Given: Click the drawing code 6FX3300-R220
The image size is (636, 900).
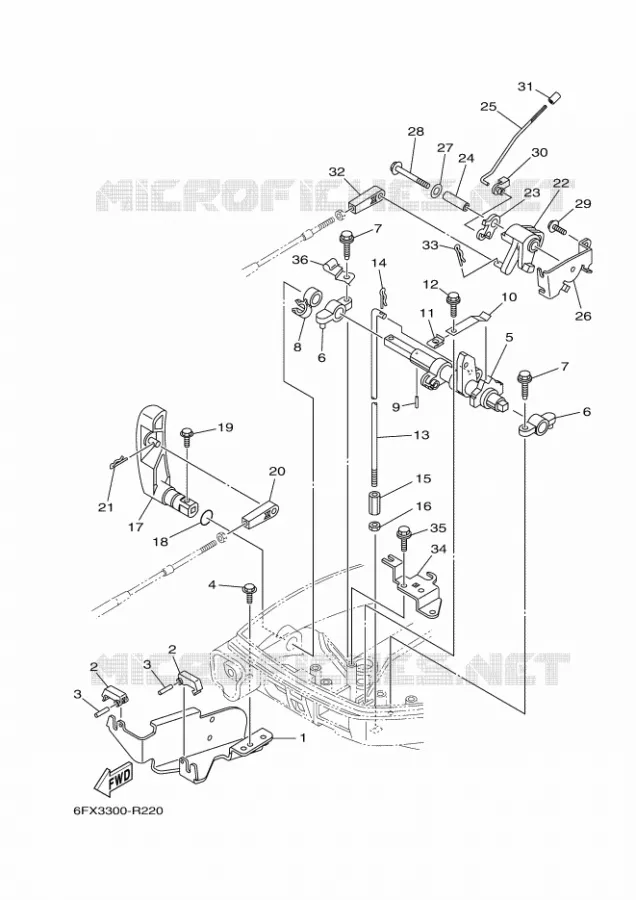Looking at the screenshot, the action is [118, 811].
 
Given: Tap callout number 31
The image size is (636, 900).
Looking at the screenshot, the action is [525, 87].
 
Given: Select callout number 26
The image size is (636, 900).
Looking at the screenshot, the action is [583, 316].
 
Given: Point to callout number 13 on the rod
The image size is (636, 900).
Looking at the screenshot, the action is [421, 435].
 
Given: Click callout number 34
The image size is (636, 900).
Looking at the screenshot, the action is [439, 549].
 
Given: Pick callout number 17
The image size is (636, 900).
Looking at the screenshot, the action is [136, 526].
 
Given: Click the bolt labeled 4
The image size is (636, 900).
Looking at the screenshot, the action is [250, 592].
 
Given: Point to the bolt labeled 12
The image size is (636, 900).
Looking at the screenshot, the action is [453, 303].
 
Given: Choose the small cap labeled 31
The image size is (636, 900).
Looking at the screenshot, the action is [554, 99].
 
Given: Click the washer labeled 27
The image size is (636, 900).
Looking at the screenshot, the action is [437, 188].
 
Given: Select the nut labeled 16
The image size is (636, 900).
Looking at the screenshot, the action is [374, 526].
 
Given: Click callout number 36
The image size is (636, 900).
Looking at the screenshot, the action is [300, 259].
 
